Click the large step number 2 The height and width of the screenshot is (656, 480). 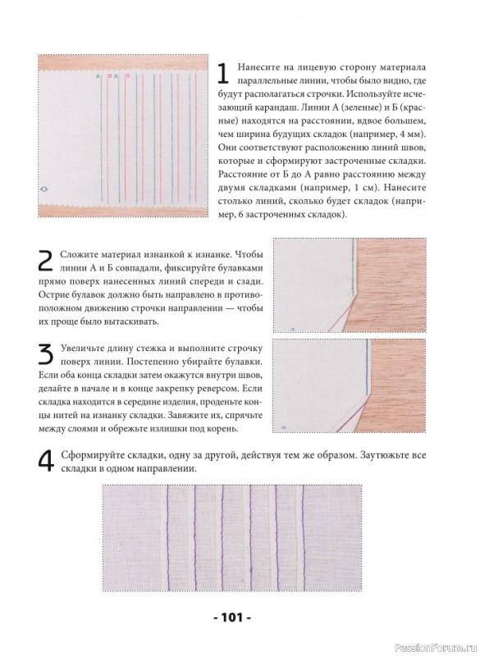pyautogui.click(x=46, y=261)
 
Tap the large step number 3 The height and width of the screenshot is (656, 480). pyautogui.click(x=46, y=354)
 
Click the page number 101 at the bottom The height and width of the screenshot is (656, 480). pyautogui.click(x=233, y=617)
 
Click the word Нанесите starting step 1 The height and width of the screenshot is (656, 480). pyautogui.click(x=255, y=68)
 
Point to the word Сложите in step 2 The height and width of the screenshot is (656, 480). pyautogui.click(x=77, y=255)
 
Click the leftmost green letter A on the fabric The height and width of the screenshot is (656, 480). pyautogui.click(x=98, y=76)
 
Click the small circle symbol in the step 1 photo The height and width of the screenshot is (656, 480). pyautogui.click(x=43, y=190)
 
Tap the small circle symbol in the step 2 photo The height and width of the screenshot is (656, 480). pyautogui.click(x=292, y=330)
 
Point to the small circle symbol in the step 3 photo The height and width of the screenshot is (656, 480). pyautogui.click(x=284, y=427)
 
